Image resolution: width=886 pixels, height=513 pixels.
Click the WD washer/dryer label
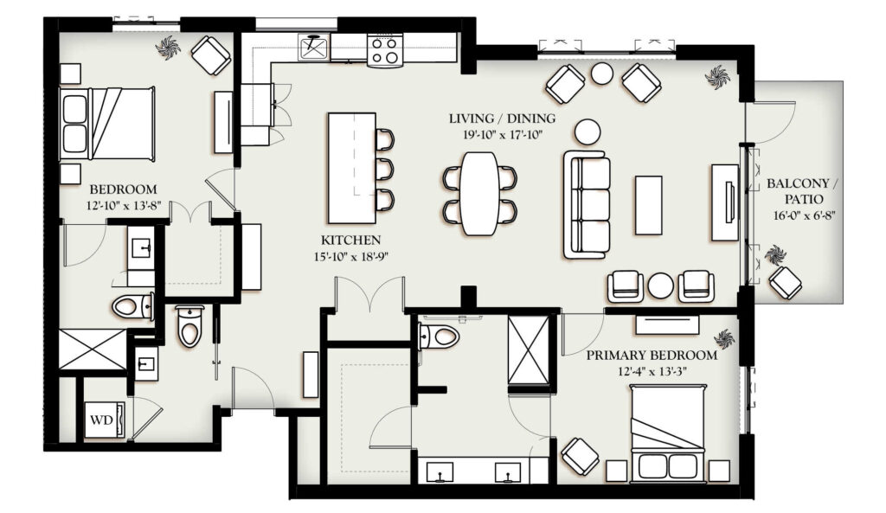(102, 420)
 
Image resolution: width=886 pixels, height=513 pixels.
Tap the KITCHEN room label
(351, 240)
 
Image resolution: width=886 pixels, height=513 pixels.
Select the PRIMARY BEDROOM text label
(652, 356)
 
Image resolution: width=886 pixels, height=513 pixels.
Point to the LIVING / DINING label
(503, 119)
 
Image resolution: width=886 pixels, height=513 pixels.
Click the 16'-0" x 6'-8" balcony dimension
(805, 215)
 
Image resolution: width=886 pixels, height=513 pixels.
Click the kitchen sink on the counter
(314, 48)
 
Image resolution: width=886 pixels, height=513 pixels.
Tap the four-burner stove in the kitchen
(385, 49)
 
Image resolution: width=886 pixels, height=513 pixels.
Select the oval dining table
(479, 193)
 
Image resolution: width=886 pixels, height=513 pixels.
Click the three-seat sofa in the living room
(587, 205)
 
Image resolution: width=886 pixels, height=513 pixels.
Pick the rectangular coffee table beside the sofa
(649, 204)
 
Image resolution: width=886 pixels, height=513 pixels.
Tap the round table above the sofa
(588, 131)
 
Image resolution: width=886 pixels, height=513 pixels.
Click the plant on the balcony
(775, 254)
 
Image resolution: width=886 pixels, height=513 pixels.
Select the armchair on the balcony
(785, 282)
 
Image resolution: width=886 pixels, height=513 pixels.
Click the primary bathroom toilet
(439, 337)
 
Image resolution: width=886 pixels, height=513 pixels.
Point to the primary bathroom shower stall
(529, 351)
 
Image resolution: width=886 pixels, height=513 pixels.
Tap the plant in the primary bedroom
(724, 339)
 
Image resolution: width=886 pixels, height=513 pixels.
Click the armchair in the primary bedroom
(581, 456)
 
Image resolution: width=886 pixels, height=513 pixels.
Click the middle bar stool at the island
(385, 170)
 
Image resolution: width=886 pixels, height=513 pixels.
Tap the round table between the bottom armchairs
(660, 285)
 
